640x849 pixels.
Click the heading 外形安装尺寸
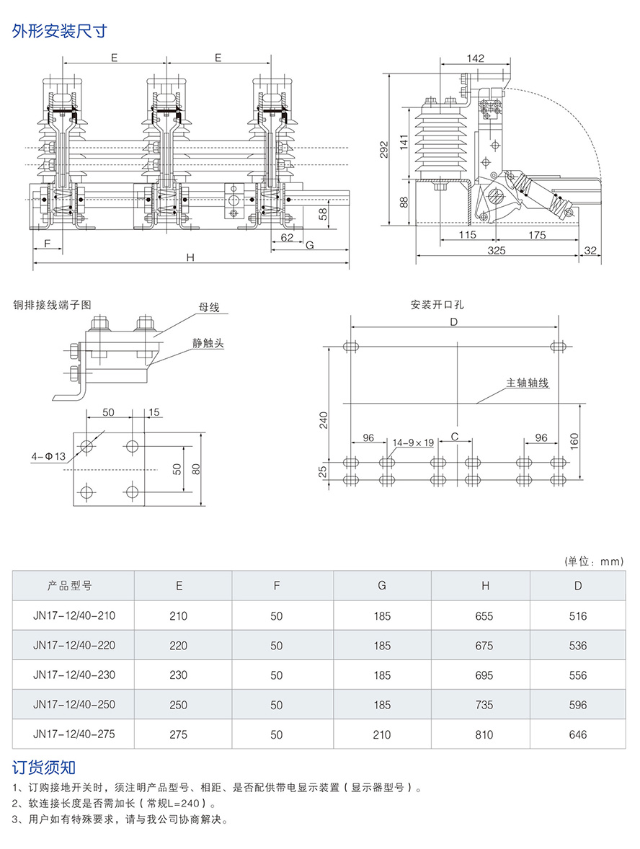click(60, 32)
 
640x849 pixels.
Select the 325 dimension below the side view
click(496, 250)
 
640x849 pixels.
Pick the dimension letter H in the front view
click(190, 257)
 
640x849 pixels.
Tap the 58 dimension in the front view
click(323, 213)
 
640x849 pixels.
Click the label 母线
click(209, 308)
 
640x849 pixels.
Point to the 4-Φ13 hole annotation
click(48, 456)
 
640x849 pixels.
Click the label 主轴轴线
click(528, 383)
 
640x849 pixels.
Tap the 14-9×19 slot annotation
click(414, 443)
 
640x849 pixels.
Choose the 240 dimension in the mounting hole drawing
click(324, 419)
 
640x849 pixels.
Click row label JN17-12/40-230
click(74, 675)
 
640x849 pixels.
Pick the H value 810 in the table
click(484, 734)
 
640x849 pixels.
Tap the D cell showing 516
click(578, 616)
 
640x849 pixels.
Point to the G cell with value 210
click(382, 734)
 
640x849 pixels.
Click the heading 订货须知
click(44, 767)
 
